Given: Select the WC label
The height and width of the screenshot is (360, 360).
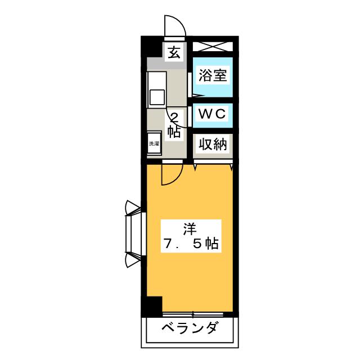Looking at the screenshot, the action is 212,114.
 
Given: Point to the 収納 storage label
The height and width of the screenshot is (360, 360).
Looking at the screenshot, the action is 212,145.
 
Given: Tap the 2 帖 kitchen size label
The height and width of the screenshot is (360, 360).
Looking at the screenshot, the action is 174,125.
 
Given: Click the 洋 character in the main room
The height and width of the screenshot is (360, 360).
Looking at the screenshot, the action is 189,229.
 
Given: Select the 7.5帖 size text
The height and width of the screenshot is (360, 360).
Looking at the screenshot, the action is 190,245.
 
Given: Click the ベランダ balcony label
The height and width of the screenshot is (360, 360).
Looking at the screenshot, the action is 190,328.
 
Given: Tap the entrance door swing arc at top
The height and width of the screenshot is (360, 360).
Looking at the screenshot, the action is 174,25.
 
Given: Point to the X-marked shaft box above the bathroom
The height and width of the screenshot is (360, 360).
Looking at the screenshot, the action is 212,46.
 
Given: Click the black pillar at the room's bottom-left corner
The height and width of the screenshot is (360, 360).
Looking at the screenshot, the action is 151,306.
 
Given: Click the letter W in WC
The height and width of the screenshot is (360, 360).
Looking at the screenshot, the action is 205,114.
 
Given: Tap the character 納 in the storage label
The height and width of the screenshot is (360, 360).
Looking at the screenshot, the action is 220,145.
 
